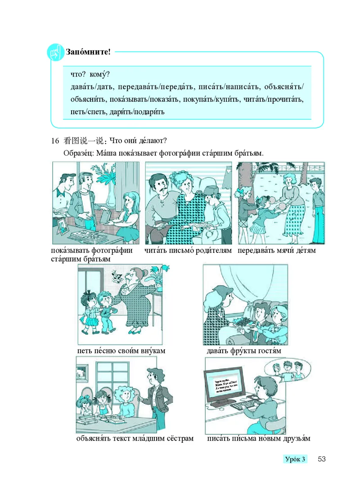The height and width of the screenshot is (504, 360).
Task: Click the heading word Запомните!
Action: [88, 52]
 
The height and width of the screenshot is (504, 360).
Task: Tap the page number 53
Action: [321, 459]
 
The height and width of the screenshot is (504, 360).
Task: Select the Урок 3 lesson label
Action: [295, 459]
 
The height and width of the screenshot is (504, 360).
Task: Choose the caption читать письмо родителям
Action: [188, 250]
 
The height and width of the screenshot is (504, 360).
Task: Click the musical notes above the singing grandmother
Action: [118, 276]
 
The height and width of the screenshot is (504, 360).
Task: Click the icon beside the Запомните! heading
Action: [55, 53]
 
